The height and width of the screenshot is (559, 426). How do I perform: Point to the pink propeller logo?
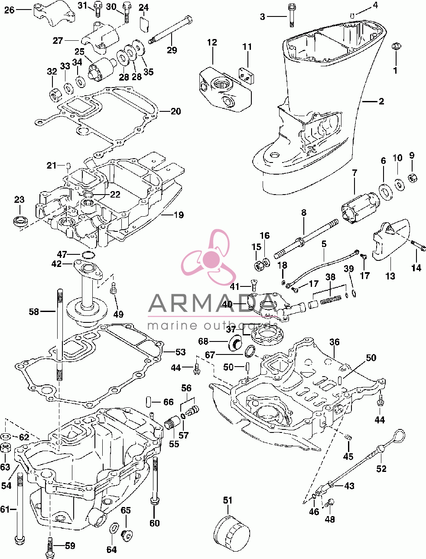pyautogui.click(x=209, y=257)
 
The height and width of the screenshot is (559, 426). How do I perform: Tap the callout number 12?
pyautogui.click(x=212, y=42)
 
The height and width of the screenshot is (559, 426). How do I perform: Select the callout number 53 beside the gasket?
pyautogui.click(x=181, y=352)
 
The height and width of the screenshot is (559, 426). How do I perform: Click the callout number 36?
pyautogui.click(x=334, y=342)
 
